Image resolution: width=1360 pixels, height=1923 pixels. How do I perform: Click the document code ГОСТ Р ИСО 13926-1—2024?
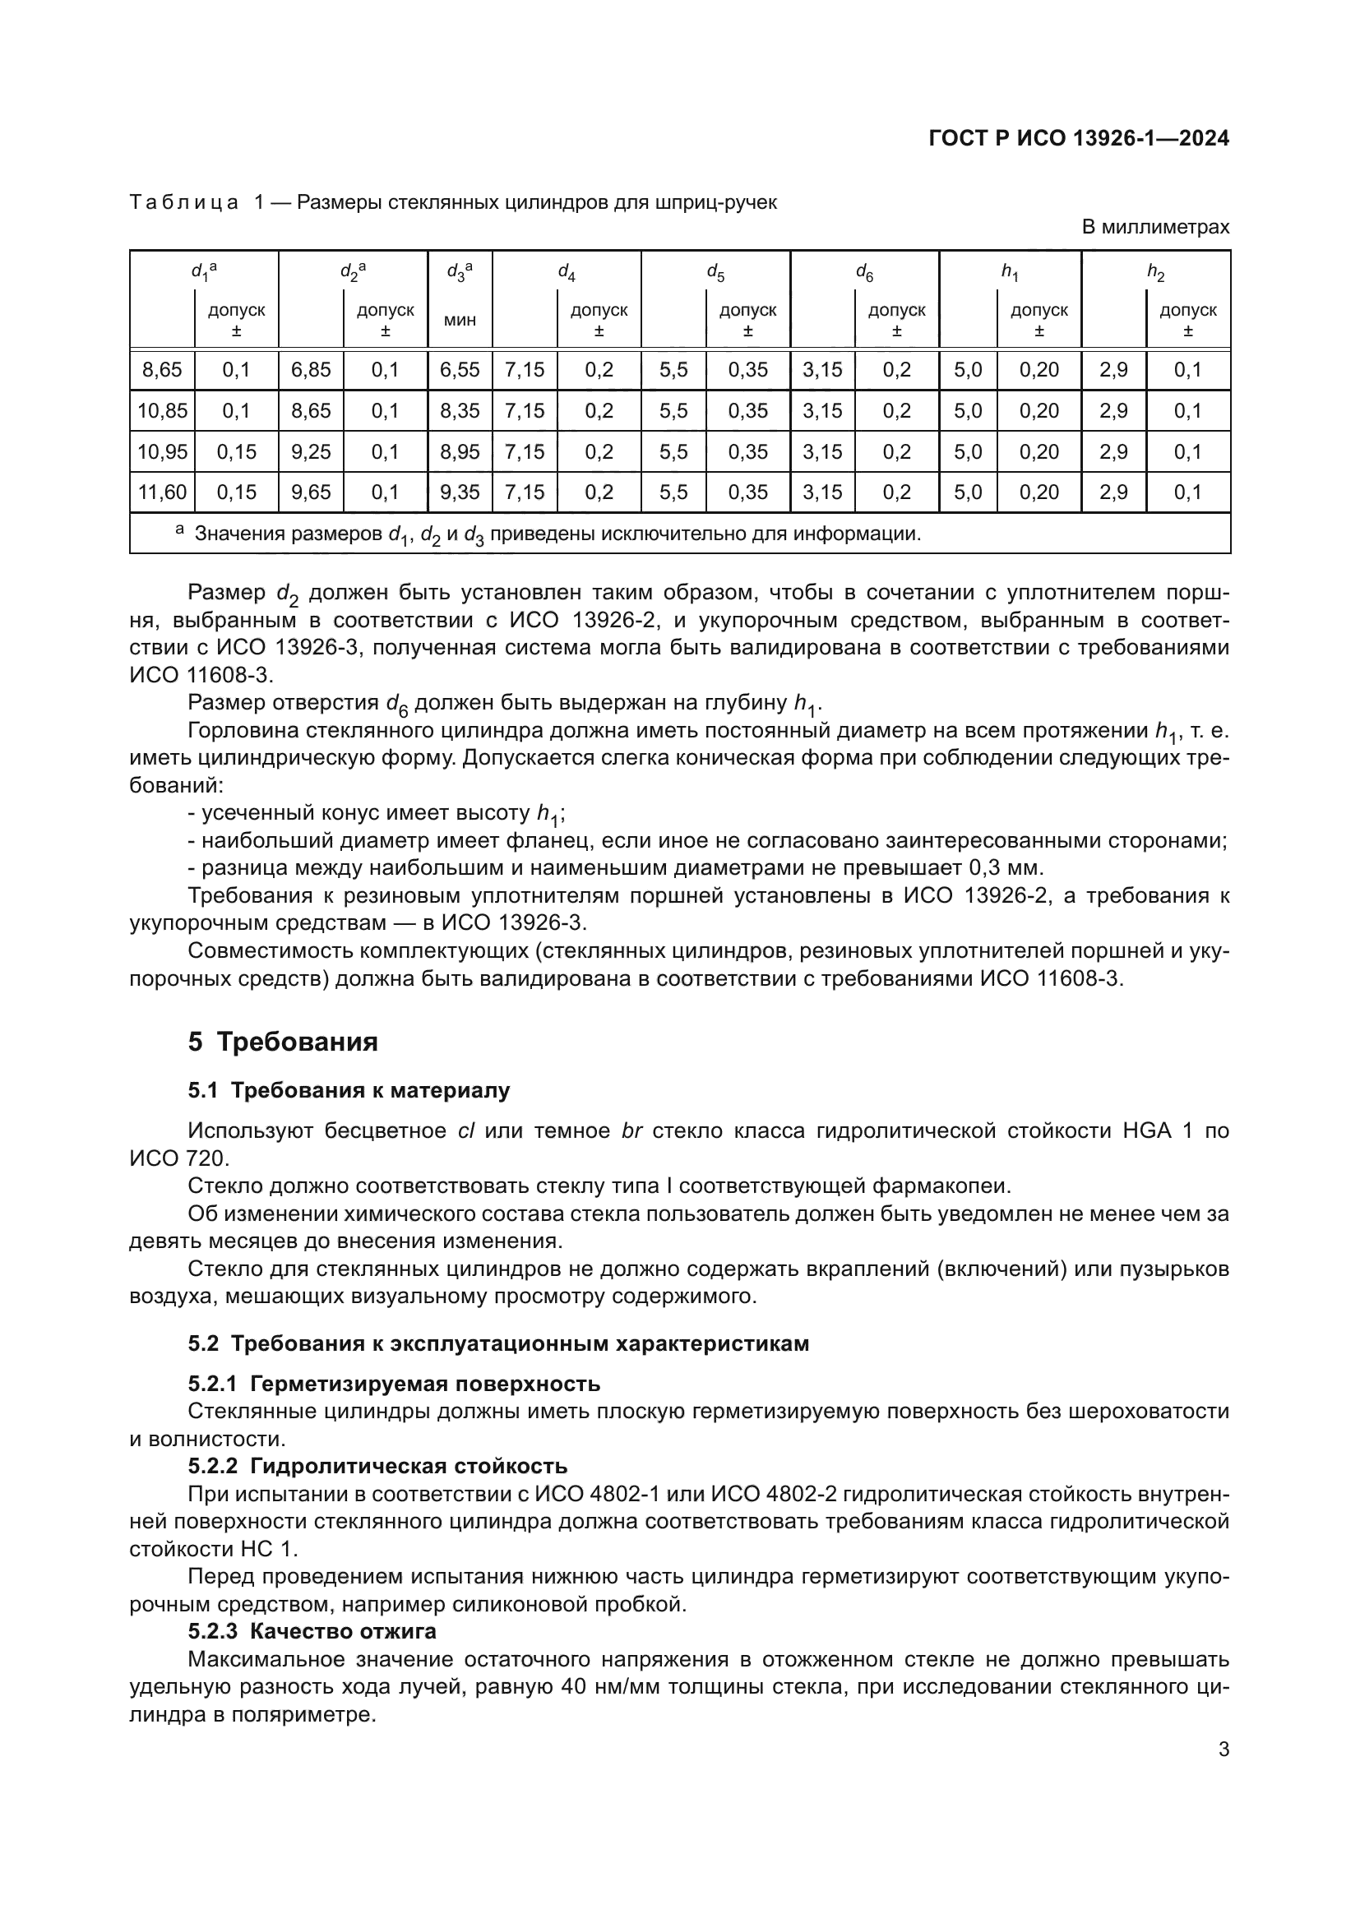click(x=1079, y=139)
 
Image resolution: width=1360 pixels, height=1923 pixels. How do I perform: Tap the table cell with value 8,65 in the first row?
click(x=162, y=369)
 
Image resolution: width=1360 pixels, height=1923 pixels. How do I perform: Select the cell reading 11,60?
click(x=162, y=492)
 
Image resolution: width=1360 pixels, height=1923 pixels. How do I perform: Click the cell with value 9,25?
click(x=311, y=452)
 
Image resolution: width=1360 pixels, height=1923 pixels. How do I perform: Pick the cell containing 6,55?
click(x=460, y=369)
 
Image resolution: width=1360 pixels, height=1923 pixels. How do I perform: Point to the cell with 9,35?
click(x=460, y=492)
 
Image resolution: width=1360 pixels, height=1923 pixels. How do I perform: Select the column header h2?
click(x=1155, y=271)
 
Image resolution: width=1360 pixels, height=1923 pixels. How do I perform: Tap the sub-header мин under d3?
click(x=460, y=320)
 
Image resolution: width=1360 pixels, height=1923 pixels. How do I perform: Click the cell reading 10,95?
click(x=162, y=452)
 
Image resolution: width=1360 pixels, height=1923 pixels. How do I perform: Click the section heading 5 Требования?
click(x=283, y=1042)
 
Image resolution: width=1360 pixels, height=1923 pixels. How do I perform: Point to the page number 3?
click(x=1224, y=1749)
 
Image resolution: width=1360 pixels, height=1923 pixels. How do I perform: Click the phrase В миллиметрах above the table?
click(x=1155, y=227)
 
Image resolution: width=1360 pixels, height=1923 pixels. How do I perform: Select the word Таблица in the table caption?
click(x=184, y=203)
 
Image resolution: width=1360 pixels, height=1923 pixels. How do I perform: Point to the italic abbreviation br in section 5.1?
click(x=631, y=1130)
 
